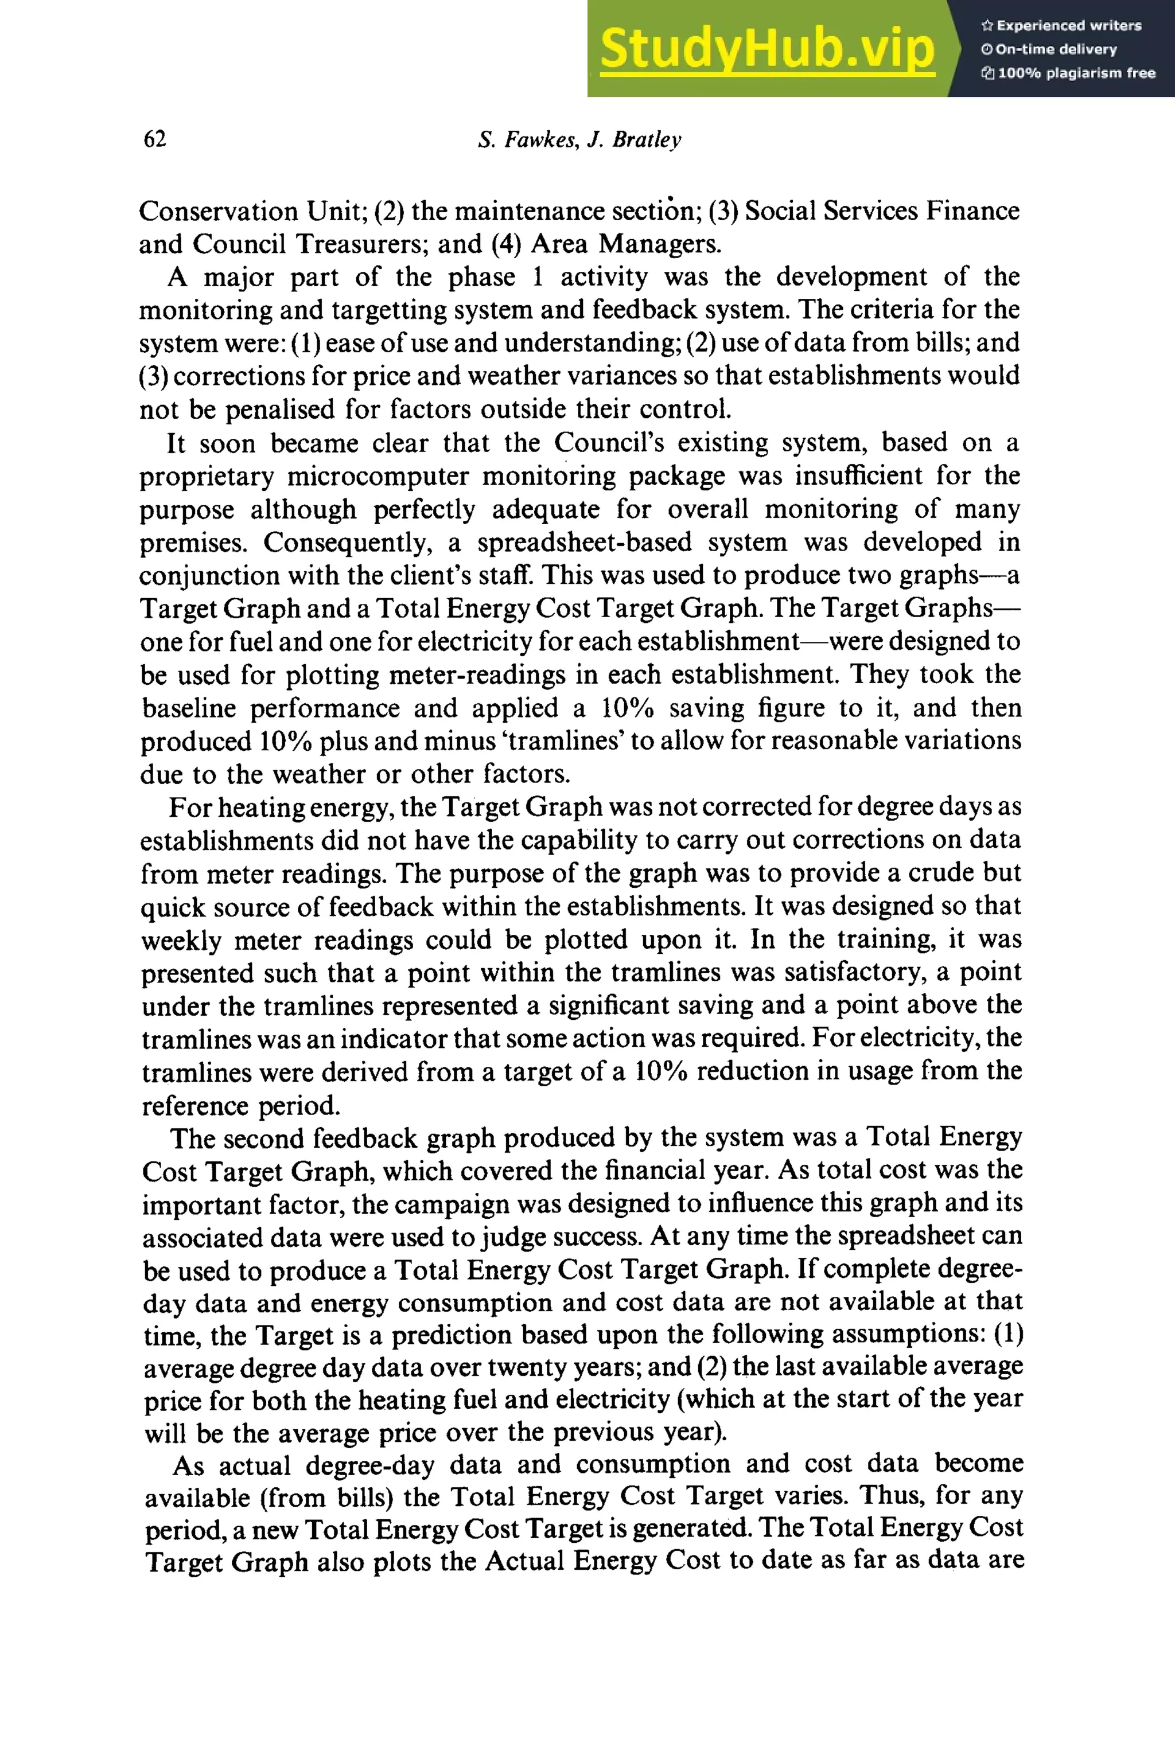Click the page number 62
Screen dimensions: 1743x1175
(154, 139)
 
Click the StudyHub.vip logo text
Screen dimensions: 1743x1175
(767, 49)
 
